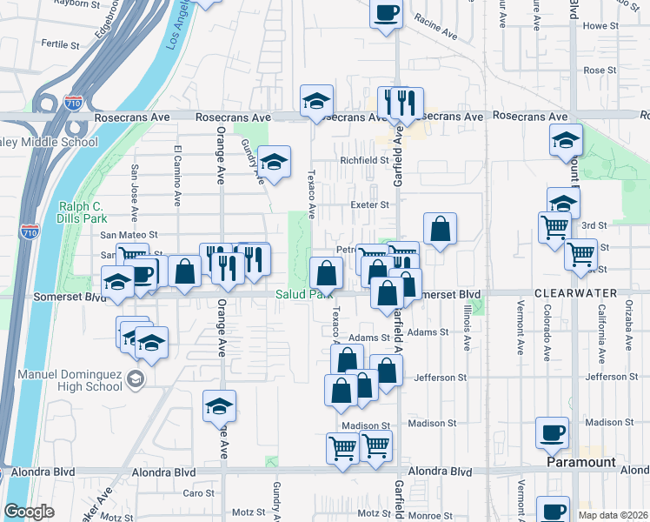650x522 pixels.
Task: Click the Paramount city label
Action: click(581, 463)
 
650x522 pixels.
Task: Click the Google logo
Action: click(29, 512)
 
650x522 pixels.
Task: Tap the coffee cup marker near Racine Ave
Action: click(387, 14)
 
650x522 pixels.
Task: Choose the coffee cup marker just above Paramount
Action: click(553, 432)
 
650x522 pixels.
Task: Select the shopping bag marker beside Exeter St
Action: click(441, 229)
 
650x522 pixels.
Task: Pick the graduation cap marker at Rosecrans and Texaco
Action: click(317, 101)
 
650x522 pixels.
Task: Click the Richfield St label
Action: click(364, 160)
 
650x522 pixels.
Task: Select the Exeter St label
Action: click(369, 205)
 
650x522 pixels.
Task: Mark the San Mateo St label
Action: click(129, 235)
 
